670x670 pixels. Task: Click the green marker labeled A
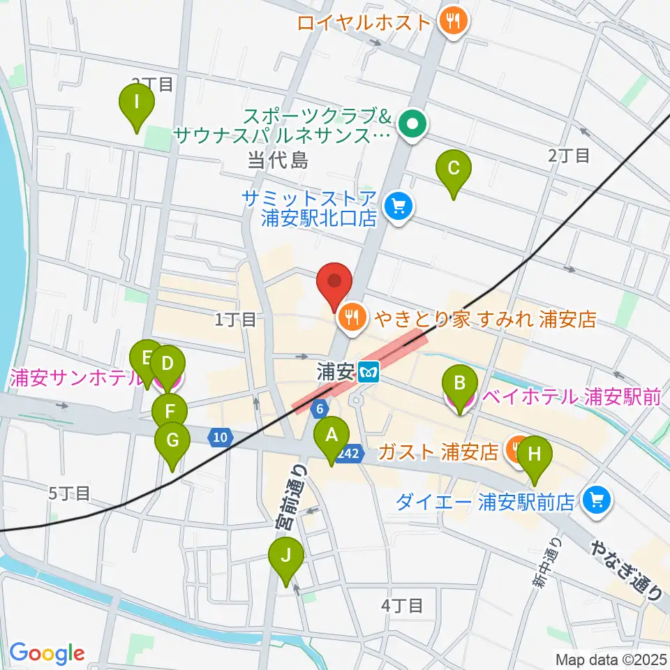point(332,438)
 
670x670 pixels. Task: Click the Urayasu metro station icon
point(368,372)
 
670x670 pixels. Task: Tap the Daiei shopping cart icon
point(596,500)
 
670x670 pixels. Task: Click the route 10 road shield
point(220,438)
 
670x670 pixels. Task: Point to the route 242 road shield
point(350,454)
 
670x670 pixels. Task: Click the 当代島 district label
point(277,161)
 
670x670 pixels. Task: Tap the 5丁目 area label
point(69,493)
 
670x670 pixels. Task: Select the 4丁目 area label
point(402,605)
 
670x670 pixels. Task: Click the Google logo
point(47,653)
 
